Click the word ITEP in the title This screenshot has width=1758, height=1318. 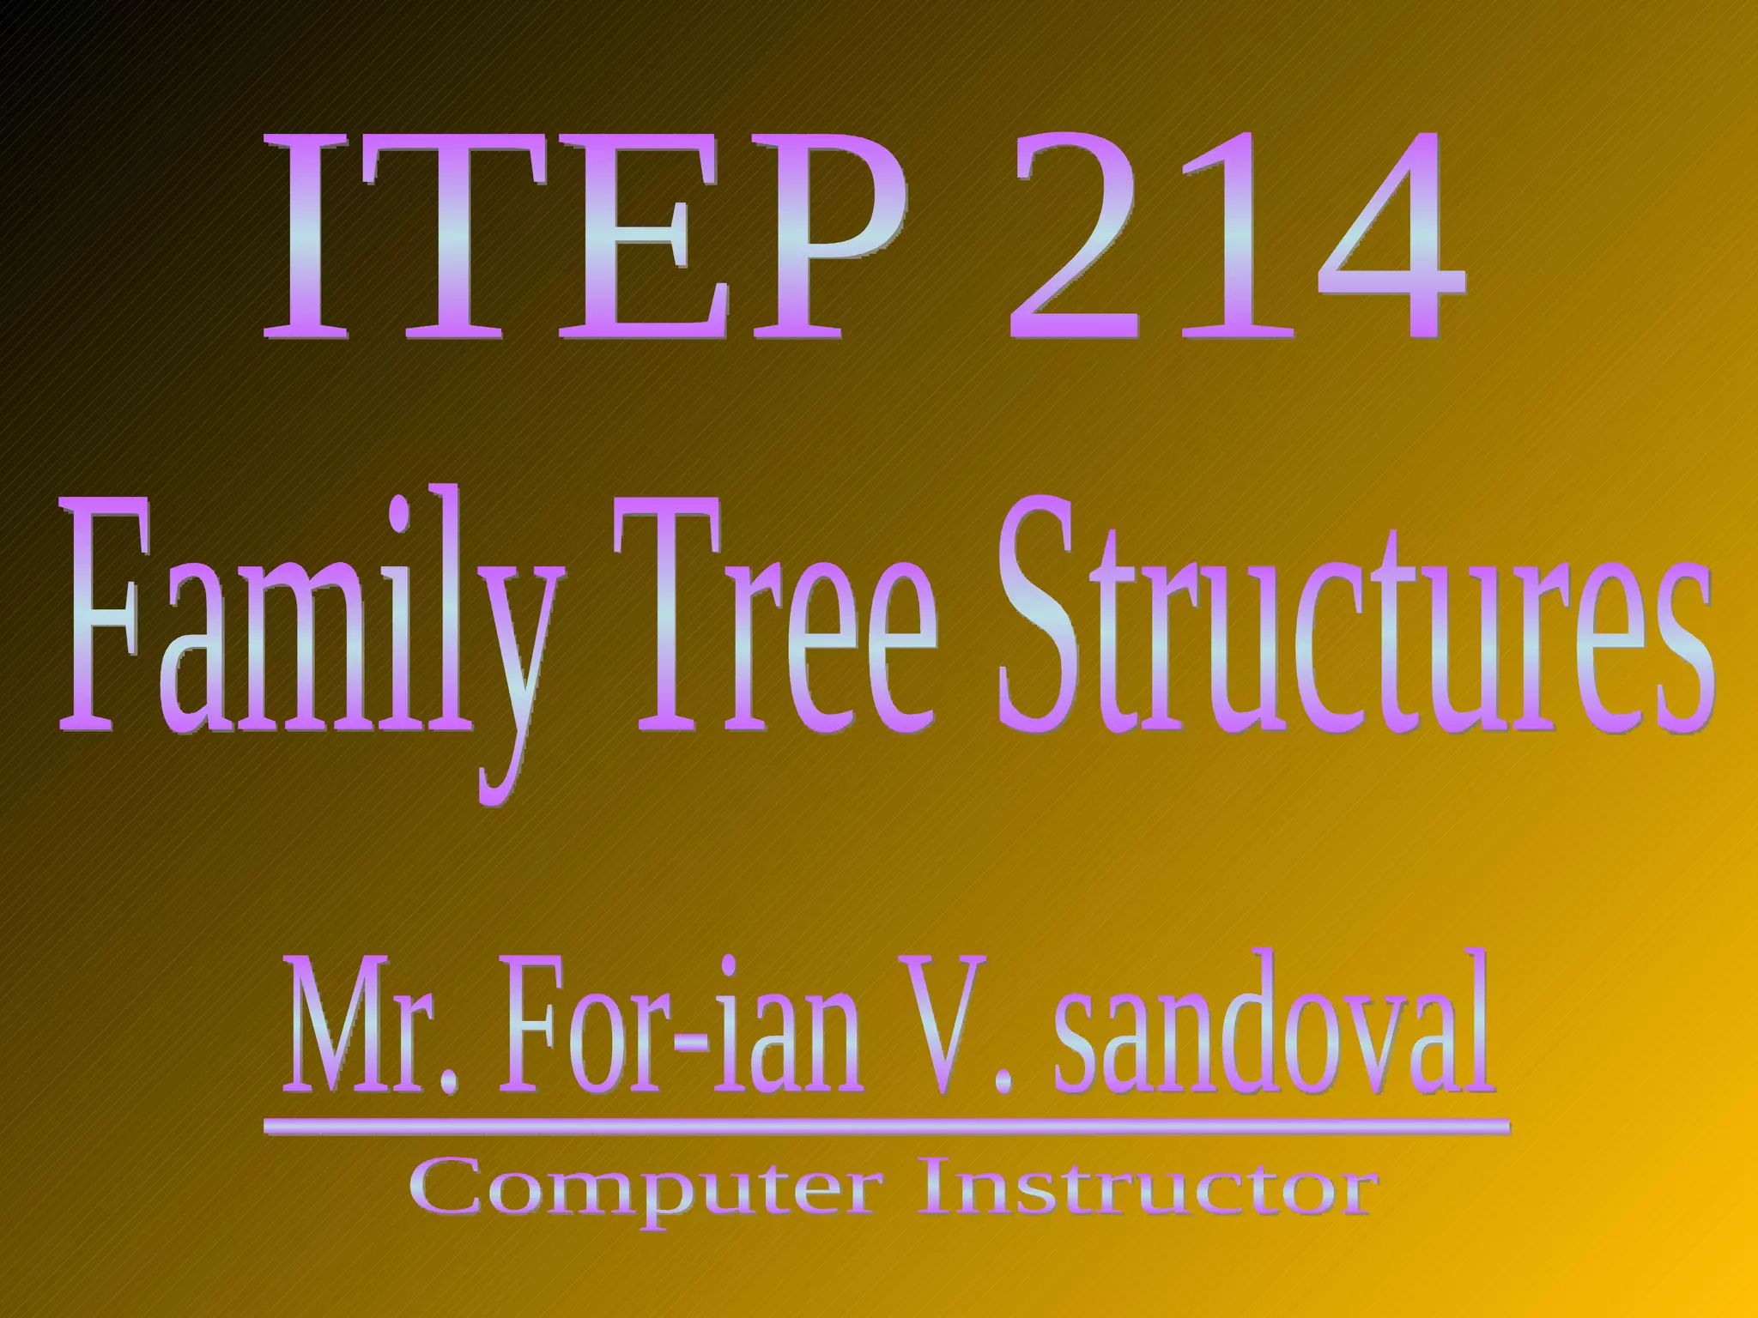pos(584,236)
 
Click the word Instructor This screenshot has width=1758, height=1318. pos(1146,1188)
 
